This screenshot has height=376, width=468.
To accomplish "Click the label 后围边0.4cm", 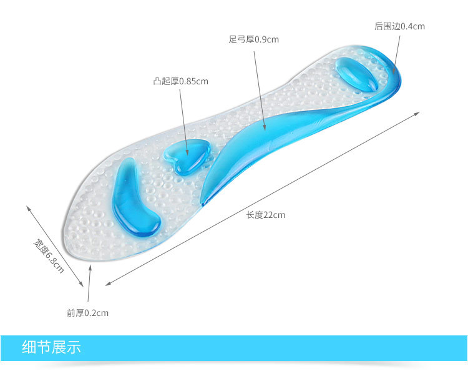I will coord(399,26).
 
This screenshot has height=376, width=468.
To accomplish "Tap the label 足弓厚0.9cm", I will coord(253,39).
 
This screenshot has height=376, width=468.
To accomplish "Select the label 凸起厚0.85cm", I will coord(181,81).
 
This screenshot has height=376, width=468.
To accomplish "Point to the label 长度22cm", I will coord(265,215).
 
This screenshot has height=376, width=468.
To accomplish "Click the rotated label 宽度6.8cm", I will coord(49,255).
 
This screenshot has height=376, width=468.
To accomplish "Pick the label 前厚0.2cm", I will coord(88,313).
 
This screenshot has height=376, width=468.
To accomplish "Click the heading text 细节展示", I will coord(51,347).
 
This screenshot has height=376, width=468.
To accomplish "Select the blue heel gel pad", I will coord(357,74).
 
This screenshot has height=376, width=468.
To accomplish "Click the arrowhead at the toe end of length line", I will coord(107,284).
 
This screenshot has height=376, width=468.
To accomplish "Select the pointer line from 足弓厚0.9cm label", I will coord(259,87).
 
